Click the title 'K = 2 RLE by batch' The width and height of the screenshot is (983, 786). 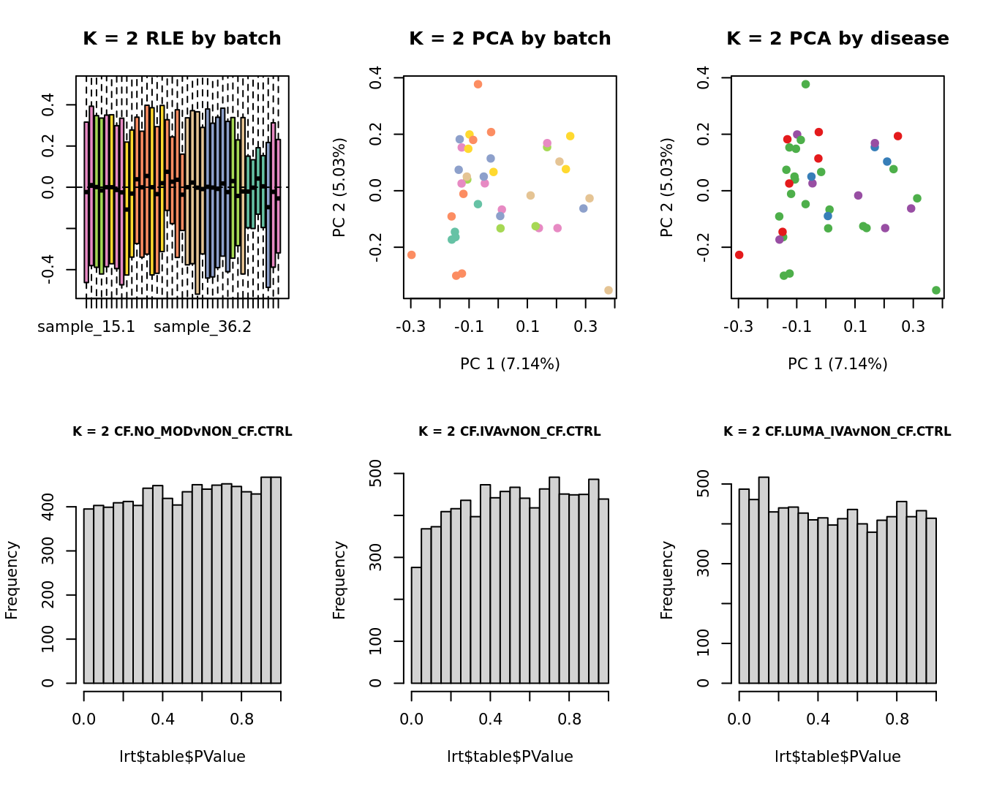tap(182, 39)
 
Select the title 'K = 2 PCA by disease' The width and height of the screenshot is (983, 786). tap(837, 39)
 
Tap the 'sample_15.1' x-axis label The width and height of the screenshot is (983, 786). tap(86, 327)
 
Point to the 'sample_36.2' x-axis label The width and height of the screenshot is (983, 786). tap(203, 327)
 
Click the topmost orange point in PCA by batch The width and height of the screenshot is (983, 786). tap(478, 84)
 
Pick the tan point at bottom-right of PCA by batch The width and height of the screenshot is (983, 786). tap(609, 290)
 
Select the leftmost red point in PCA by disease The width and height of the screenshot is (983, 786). tap(739, 254)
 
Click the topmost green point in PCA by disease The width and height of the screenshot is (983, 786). tap(805, 84)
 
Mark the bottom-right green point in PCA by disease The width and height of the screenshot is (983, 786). tap(936, 290)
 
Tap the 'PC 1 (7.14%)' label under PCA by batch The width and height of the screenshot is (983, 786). tap(510, 363)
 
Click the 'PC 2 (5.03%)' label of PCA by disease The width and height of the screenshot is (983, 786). tap(666, 187)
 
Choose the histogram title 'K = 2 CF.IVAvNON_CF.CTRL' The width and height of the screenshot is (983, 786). tap(510, 431)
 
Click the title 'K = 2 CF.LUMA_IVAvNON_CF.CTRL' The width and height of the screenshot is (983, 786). tap(837, 431)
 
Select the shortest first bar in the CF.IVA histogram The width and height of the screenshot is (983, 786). tap(416, 625)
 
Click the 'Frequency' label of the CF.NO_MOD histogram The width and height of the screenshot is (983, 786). tap(12, 580)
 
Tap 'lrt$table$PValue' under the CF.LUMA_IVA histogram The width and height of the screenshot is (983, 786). tap(837, 757)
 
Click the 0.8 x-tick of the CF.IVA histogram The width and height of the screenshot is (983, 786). tap(570, 719)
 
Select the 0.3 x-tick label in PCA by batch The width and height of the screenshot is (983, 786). tap(585, 326)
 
